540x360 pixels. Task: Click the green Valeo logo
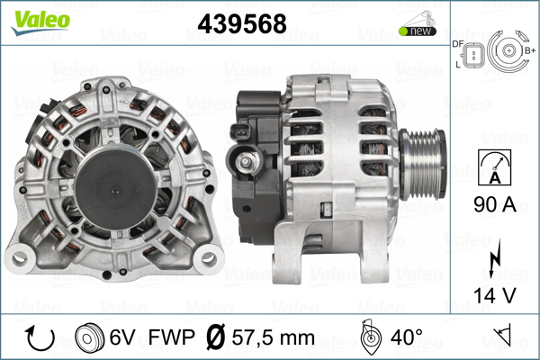click(x=40, y=22)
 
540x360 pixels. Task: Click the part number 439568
click(x=242, y=23)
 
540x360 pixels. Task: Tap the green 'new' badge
click(x=418, y=31)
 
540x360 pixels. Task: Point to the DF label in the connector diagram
click(x=458, y=44)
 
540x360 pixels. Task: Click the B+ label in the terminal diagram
click(x=530, y=50)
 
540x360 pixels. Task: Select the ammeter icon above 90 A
click(x=495, y=167)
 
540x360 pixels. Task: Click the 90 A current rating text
click(x=495, y=204)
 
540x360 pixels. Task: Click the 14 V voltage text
click(x=495, y=295)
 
